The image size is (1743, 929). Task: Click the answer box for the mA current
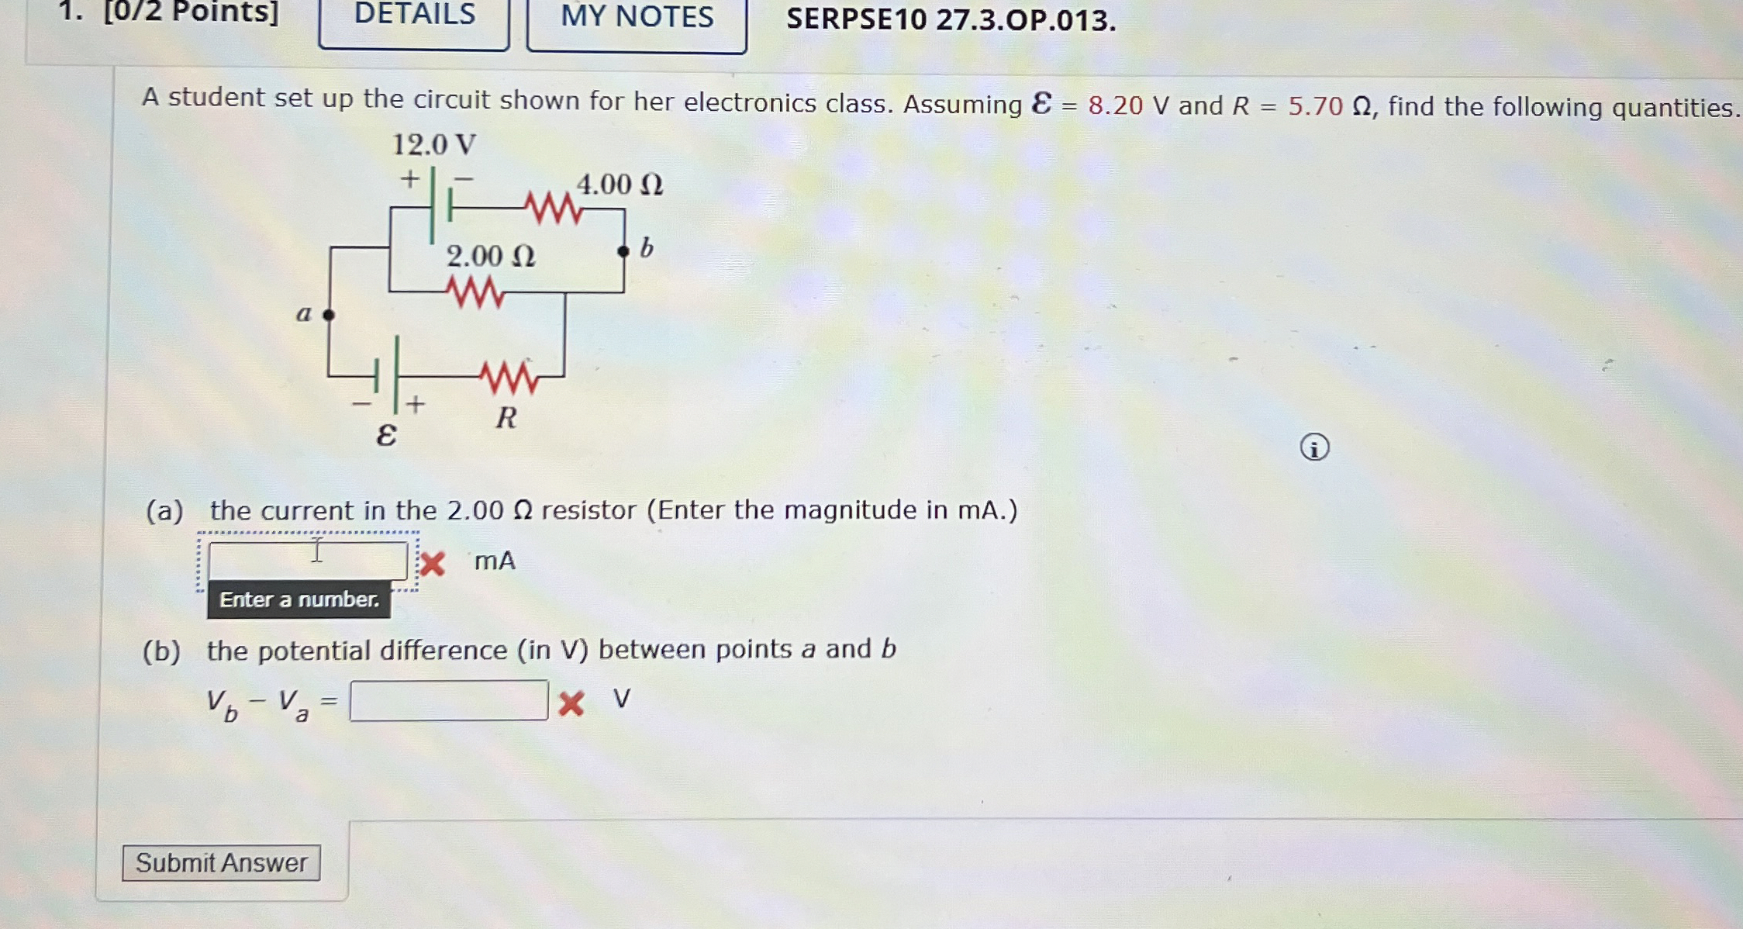point(308,560)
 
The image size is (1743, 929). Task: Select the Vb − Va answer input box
point(449,700)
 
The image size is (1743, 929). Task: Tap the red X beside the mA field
point(433,564)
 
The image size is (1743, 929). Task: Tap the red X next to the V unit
point(571,703)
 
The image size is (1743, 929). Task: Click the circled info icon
point(1314,448)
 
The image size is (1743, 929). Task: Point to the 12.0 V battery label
point(434,145)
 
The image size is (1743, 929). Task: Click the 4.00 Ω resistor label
point(620,185)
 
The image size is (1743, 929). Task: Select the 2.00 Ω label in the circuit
point(491,257)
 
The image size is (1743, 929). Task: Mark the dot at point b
point(623,251)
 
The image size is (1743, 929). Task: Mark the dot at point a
point(329,315)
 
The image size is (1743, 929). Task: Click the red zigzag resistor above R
point(509,378)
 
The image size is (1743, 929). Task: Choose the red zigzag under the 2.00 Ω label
point(475,293)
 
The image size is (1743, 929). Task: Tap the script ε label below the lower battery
point(386,435)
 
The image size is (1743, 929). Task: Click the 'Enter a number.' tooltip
point(299,600)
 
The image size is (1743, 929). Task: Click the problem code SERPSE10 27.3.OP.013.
point(951,19)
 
